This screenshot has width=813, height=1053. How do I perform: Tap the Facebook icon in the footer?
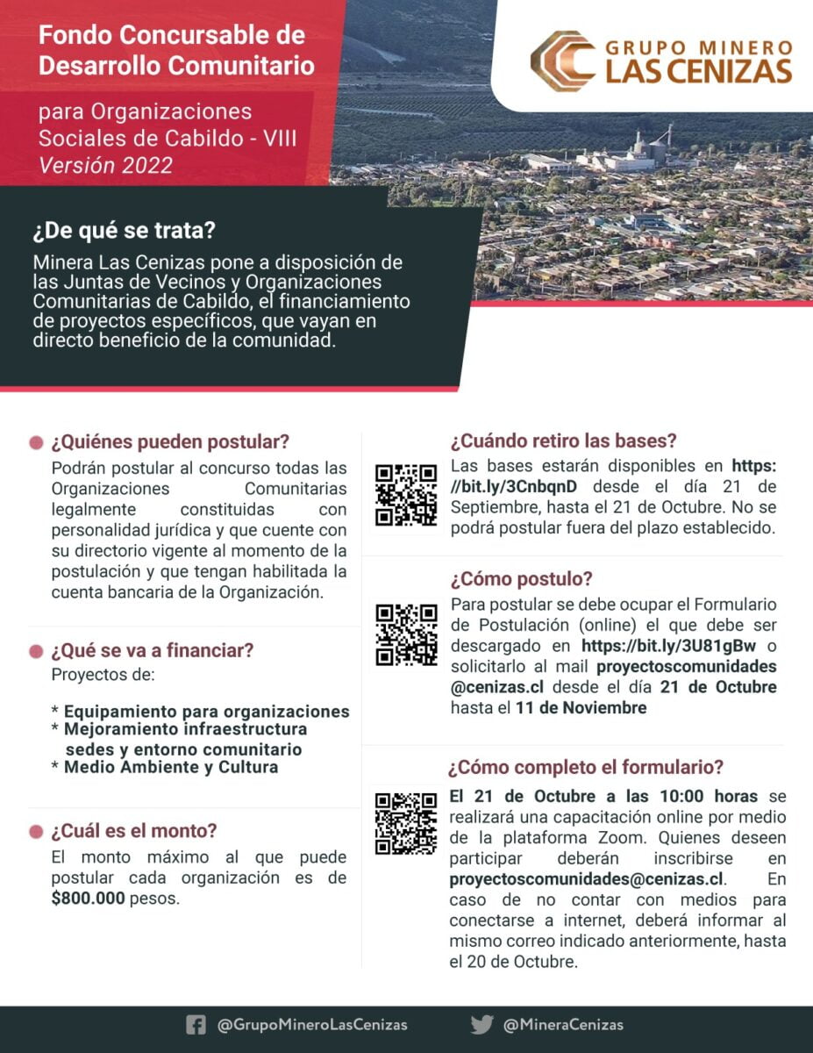click(x=196, y=1024)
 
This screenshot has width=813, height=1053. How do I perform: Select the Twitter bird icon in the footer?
click(x=481, y=1024)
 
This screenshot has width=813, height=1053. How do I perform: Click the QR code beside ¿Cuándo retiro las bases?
click(x=406, y=495)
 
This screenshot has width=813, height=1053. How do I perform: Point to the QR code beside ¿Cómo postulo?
click(x=406, y=634)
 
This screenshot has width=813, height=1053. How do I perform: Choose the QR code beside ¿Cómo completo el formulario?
click(x=406, y=823)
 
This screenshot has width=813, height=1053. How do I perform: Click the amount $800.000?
click(x=88, y=899)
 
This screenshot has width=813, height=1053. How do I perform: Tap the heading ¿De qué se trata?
click(x=125, y=233)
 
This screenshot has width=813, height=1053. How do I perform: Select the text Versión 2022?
click(x=105, y=164)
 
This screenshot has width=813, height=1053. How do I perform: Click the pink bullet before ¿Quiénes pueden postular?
click(x=36, y=441)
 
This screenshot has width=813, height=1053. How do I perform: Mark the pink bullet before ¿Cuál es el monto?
click(x=36, y=831)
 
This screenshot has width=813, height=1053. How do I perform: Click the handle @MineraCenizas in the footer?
click(x=563, y=1024)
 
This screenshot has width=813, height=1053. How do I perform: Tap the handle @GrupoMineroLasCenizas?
click(x=312, y=1024)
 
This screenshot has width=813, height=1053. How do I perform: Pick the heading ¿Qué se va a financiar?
click(x=153, y=651)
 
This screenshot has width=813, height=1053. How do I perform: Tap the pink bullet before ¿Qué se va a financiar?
click(x=36, y=652)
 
